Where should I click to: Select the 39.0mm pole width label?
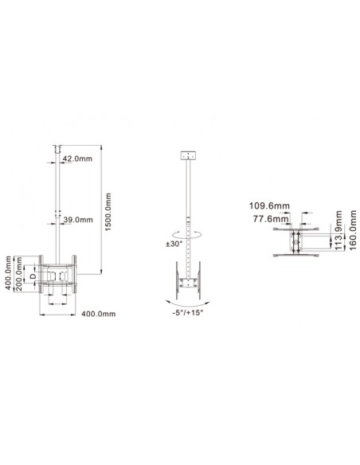(x=78, y=219)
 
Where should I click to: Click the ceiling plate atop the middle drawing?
(x=189, y=155)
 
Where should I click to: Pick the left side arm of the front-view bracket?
(x=39, y=274)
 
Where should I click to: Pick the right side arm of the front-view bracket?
(x=76, y=274)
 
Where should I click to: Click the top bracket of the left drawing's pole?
(x=57, y=149)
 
